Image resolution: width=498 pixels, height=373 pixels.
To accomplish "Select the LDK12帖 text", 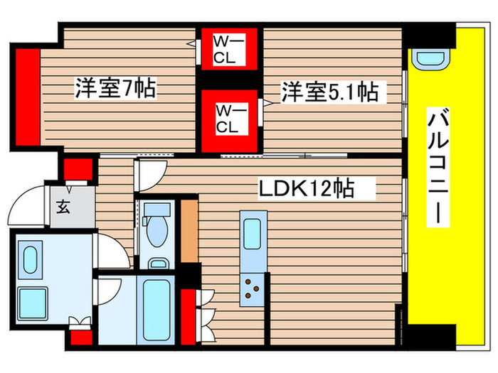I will pyautogui.click(x=307, y=190).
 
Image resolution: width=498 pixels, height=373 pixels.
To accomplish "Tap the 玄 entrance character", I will pyautogui.click(x=63, y=208).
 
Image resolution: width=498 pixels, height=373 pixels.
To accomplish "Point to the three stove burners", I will pyautogui.click(x=252, y=288).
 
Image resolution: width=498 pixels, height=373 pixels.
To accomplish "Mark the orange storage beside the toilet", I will pyautogui.click(x=189, y=231).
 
